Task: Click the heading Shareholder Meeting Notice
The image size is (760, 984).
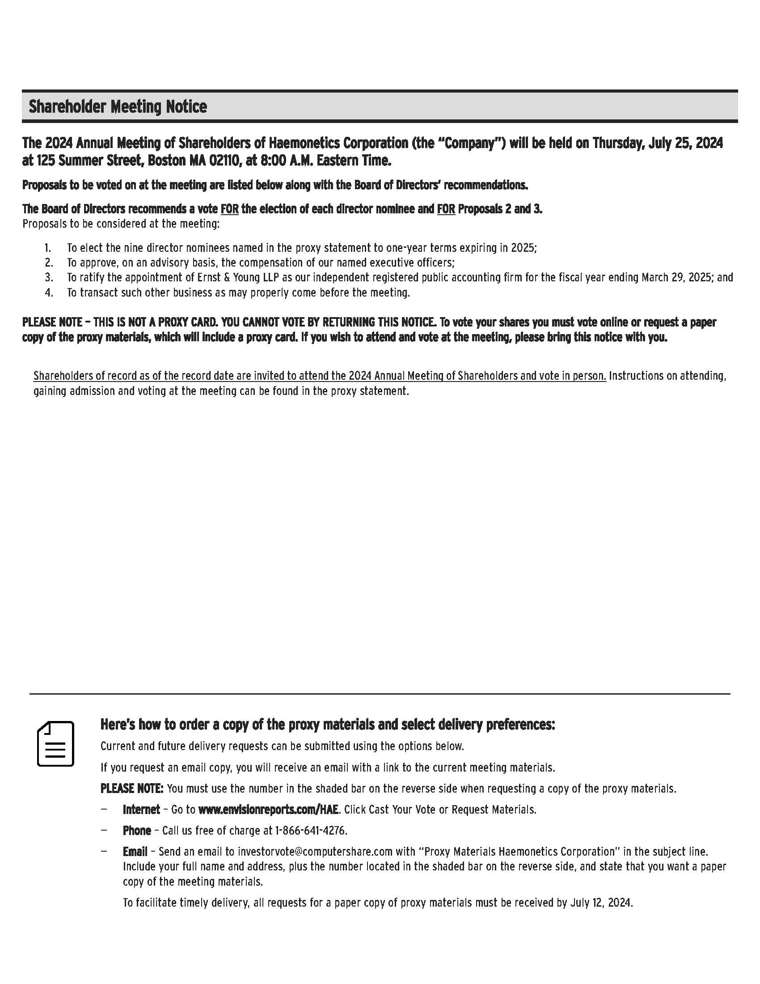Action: (x=118, y=107)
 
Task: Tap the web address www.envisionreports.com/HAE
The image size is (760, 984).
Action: (x=268, y=810)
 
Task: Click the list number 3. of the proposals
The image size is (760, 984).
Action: (x=49, y=278)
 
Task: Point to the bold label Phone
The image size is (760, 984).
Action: (x=137, y=831)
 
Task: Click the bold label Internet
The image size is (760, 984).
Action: (x=141, y=810)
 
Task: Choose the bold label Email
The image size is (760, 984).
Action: (x=135, y=852)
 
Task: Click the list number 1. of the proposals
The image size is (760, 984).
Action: (x=48, y=248)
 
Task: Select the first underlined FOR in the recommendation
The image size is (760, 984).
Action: (x=229, y=209)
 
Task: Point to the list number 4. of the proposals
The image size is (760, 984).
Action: (x=49, y=293)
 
